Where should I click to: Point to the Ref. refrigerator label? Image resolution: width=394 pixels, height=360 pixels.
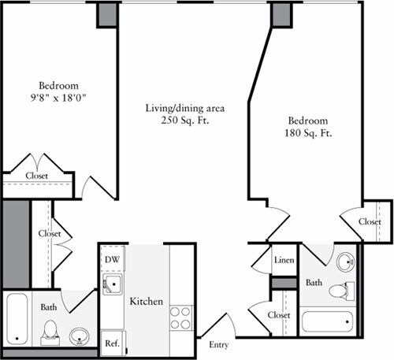[111, 343]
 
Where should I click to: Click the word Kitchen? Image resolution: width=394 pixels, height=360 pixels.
[146, 302]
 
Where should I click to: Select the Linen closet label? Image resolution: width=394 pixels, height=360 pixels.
[283, 259]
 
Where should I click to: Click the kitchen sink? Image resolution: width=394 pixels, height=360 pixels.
[113, 284]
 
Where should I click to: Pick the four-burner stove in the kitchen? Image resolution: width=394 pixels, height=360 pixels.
[180, 317]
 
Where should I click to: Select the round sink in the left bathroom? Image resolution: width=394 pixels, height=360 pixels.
[77, 337]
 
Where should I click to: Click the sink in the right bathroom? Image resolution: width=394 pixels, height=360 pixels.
[346, 262]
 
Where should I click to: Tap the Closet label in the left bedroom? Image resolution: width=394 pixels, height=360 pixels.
[37, 176]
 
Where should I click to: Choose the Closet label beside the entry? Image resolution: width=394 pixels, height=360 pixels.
[278, 315]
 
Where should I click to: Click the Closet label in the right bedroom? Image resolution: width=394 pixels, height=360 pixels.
[370, 222]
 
